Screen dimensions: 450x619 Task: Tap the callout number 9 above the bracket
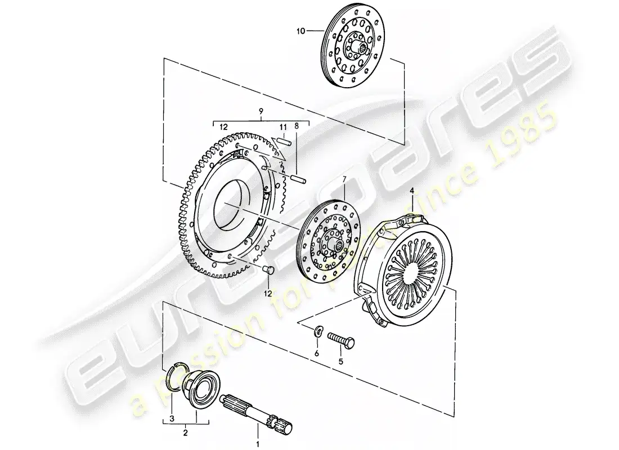(x=261, y=112)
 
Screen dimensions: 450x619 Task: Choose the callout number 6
(x=316, y=353)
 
